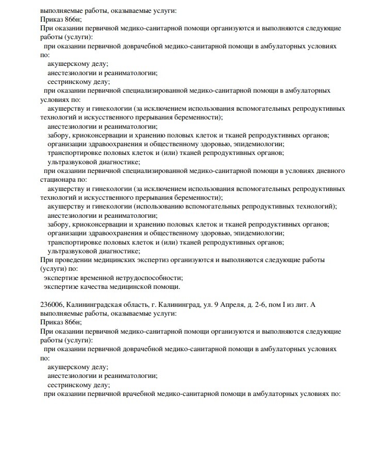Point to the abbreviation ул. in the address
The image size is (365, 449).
[205, 305]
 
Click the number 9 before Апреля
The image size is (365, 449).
[215, 305]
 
